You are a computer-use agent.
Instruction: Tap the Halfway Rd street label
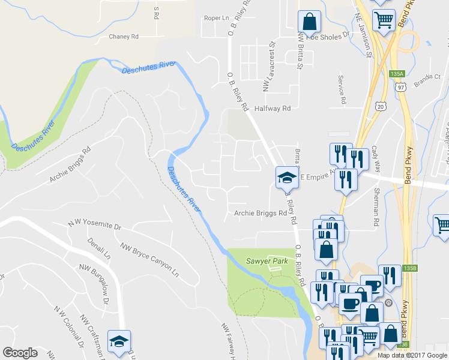(272, 109)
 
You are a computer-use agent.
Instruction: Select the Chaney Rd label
(124, 37)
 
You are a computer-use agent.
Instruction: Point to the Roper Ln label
(217, 18)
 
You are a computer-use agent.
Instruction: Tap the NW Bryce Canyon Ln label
(149, 259)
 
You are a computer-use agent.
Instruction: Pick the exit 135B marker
(410, 268)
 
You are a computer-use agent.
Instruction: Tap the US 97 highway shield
(400, 87)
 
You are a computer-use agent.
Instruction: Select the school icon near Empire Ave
(286, 177)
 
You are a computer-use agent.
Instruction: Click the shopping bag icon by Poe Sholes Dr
(309, 22)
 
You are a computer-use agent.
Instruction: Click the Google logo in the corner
(20, 353)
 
